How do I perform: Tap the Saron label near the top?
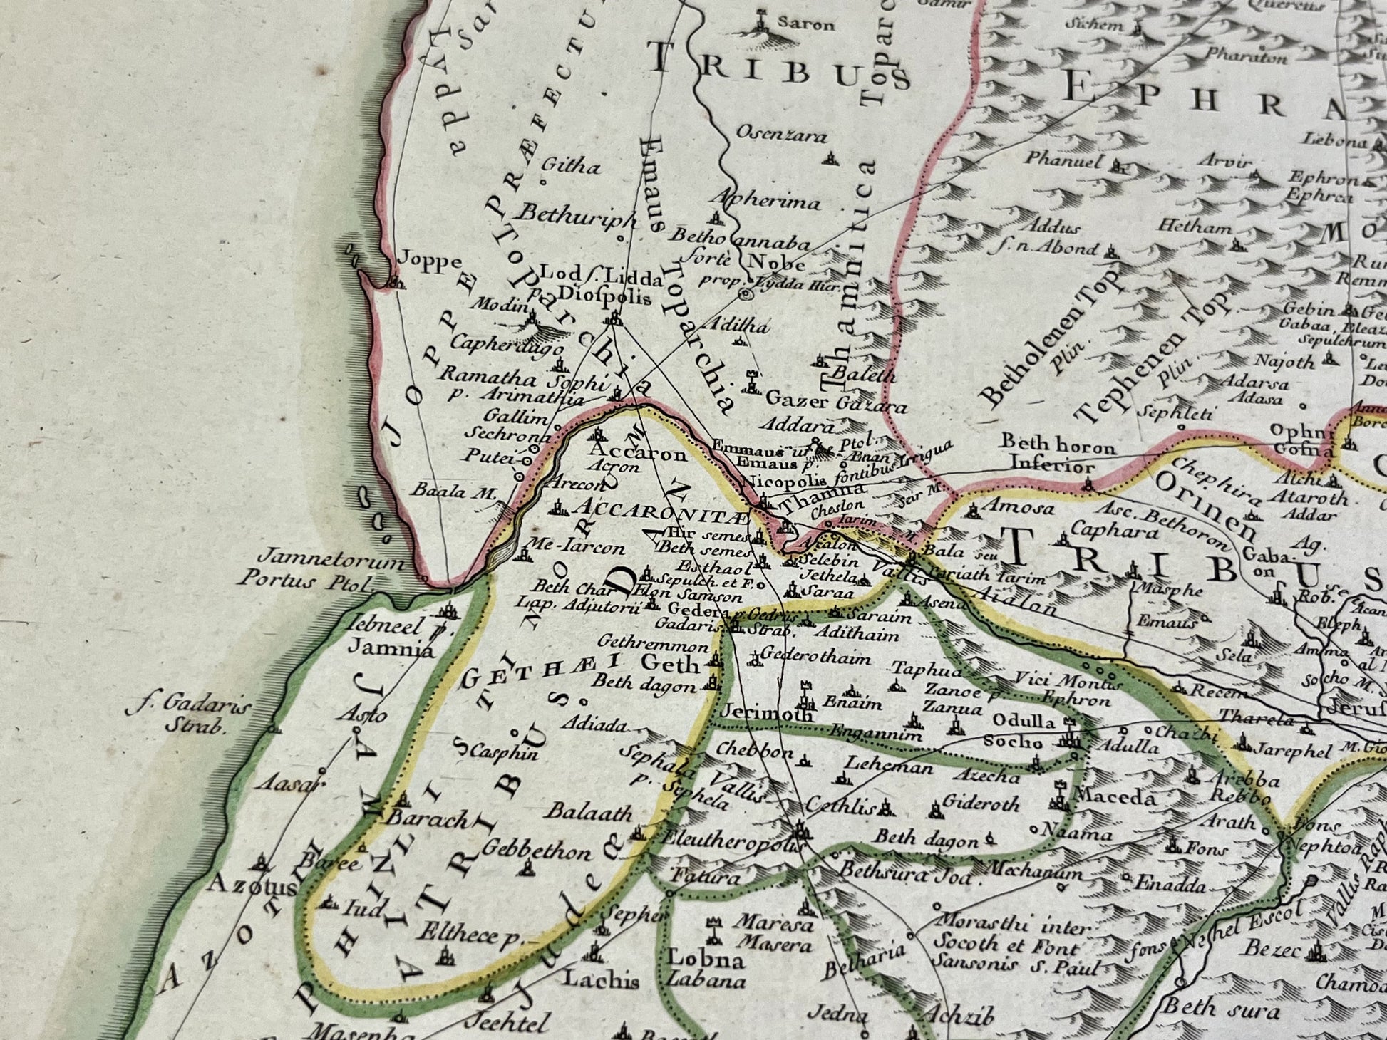click(x=805, y=24)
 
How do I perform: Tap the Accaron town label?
click(x=639, y=454)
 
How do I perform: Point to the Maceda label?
click(x=1113, y=797)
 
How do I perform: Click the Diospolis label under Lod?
click(x=605, y=298)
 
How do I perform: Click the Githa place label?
click(x=571, y=167)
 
